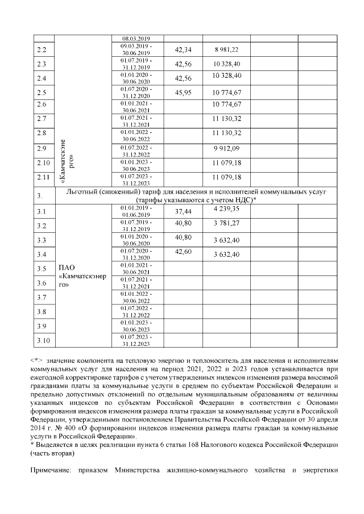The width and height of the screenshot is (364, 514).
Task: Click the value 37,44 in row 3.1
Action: pos(183,211)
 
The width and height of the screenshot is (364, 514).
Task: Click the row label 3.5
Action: pos(40,268)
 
